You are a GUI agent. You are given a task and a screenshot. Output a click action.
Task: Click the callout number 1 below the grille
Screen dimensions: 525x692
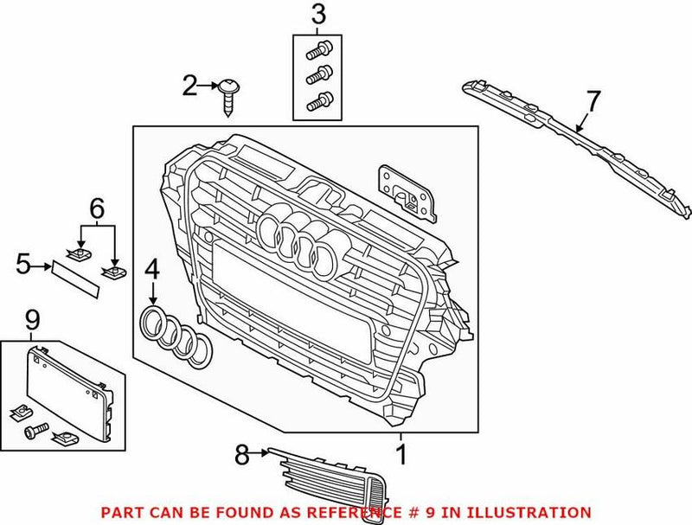[400, 452]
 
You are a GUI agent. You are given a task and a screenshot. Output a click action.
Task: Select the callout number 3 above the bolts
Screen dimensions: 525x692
[319, 15]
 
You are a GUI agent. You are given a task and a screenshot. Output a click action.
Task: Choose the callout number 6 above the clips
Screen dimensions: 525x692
[96, 208]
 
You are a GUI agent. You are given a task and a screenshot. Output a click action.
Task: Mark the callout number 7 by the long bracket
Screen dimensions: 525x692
[592, 101]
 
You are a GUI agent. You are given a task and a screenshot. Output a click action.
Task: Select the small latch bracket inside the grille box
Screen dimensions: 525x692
[405, 189]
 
